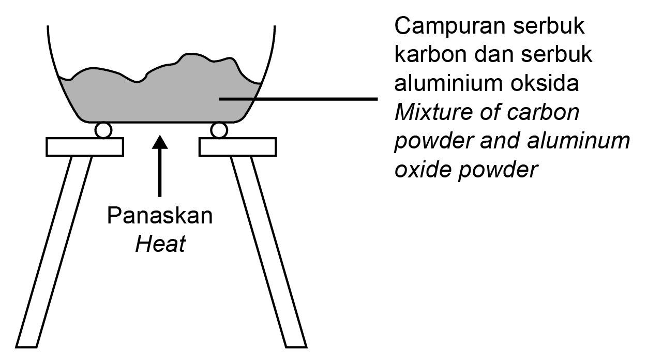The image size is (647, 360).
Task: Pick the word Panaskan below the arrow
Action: [x=160, y=216]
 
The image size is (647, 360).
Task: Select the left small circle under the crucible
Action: [x=103, y=130]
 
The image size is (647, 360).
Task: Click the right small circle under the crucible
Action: [x=219, y=130]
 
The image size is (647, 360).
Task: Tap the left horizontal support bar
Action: [x=85, y=146]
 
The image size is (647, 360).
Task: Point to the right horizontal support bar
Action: [x=237, y=146]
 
